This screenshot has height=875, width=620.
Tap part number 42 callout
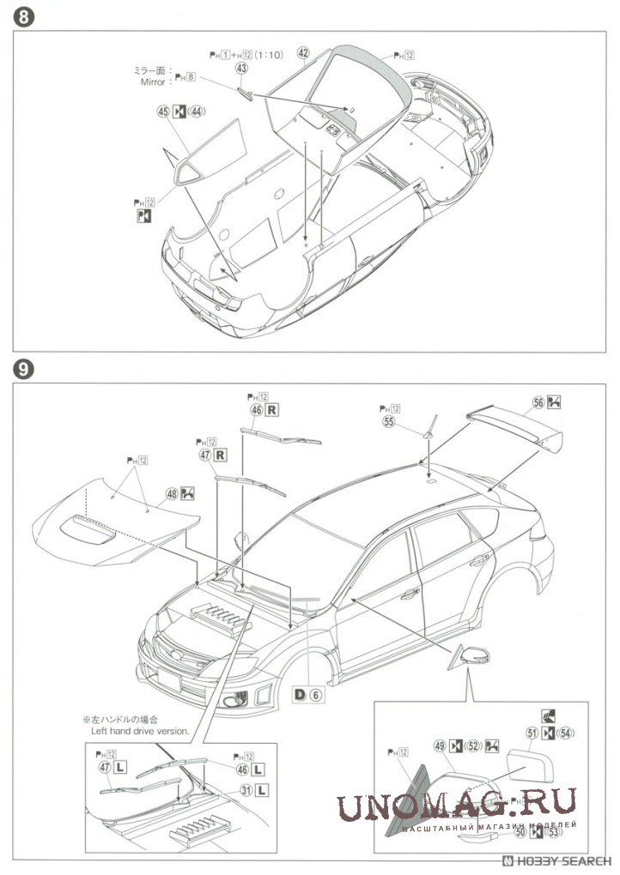pos(303,52)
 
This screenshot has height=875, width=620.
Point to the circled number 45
pos(161,111)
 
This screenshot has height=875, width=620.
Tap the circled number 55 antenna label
pos(389,421)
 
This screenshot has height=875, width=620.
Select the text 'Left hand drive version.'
pos(141,730)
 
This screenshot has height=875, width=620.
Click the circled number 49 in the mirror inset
pos(440,747)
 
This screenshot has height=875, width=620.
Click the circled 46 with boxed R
pos(256,410)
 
